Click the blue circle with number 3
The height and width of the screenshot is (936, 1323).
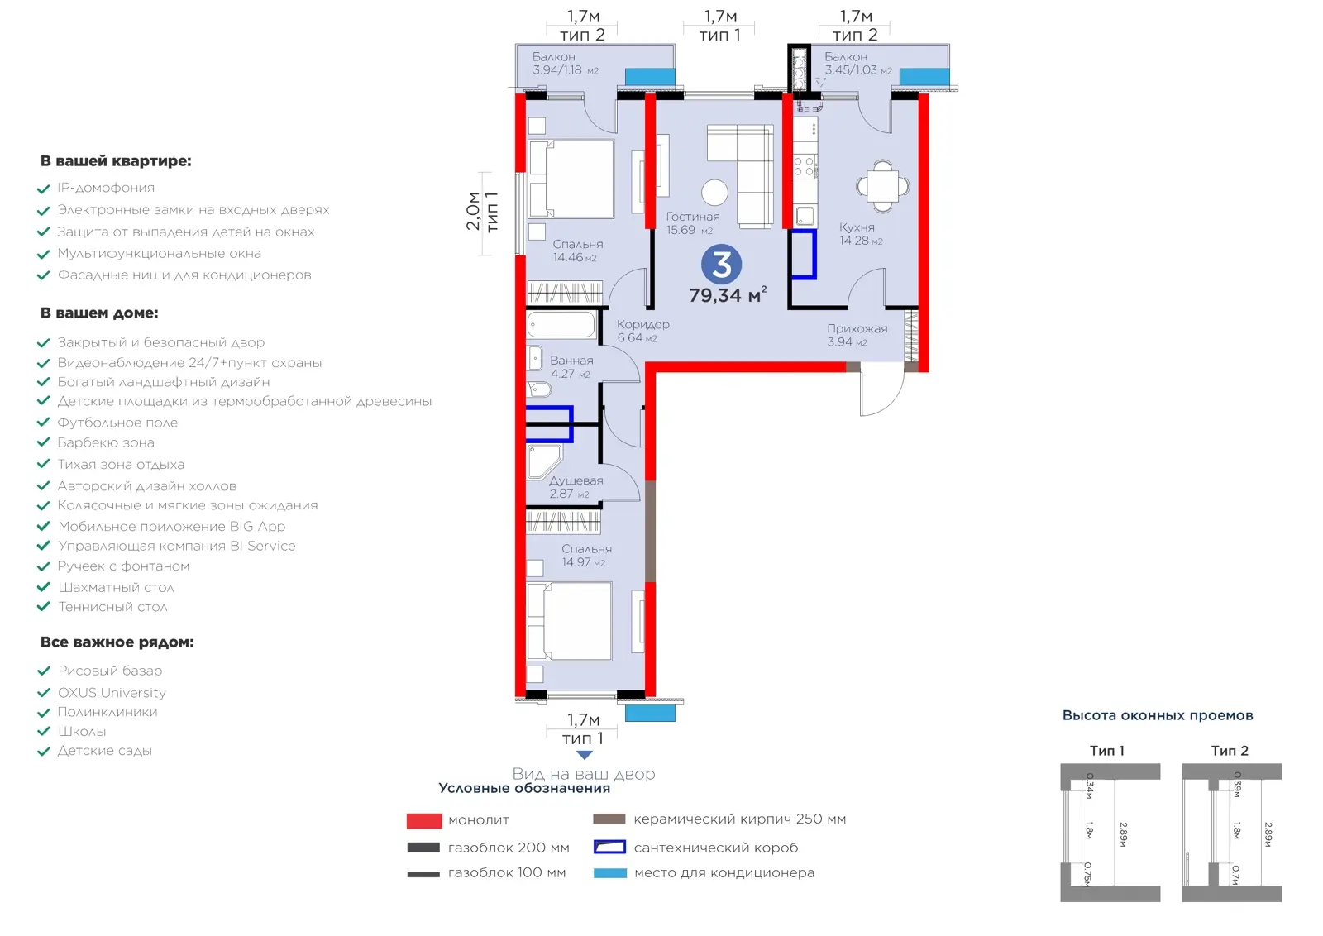tap(721, 264)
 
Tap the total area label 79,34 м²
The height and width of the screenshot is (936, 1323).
tap(728, 294)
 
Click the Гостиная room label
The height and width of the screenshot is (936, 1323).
tap(693, 217)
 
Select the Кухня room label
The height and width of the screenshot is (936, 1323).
tap(857, 227)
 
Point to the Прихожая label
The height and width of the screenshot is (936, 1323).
tap(857, 328)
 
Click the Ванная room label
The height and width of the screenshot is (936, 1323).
tap(571, 361)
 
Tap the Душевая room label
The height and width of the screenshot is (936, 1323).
tap(576, 480)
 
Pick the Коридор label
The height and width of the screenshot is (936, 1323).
tap(642, 324)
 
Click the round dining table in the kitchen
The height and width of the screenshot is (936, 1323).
tap(882, 186)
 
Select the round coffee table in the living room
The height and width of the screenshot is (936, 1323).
tap(714, 193)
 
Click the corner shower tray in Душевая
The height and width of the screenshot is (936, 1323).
tap(544, 461)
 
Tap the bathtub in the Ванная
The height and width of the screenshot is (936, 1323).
tap(561, 325)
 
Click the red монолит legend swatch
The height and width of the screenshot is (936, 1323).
tap(424, 820)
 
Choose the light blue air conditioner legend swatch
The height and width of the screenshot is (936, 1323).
tap(610, 873)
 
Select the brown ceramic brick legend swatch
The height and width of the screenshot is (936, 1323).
tap(609, 819)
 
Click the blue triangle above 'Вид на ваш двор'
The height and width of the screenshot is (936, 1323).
tap(584, 755)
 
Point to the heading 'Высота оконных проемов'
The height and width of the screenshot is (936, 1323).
tap(1157, 716)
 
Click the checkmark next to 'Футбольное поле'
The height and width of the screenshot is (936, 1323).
tap(43, 423)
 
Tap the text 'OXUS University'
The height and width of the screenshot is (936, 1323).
tap(112, 692)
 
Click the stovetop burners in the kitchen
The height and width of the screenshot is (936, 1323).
tap(805, 166)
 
